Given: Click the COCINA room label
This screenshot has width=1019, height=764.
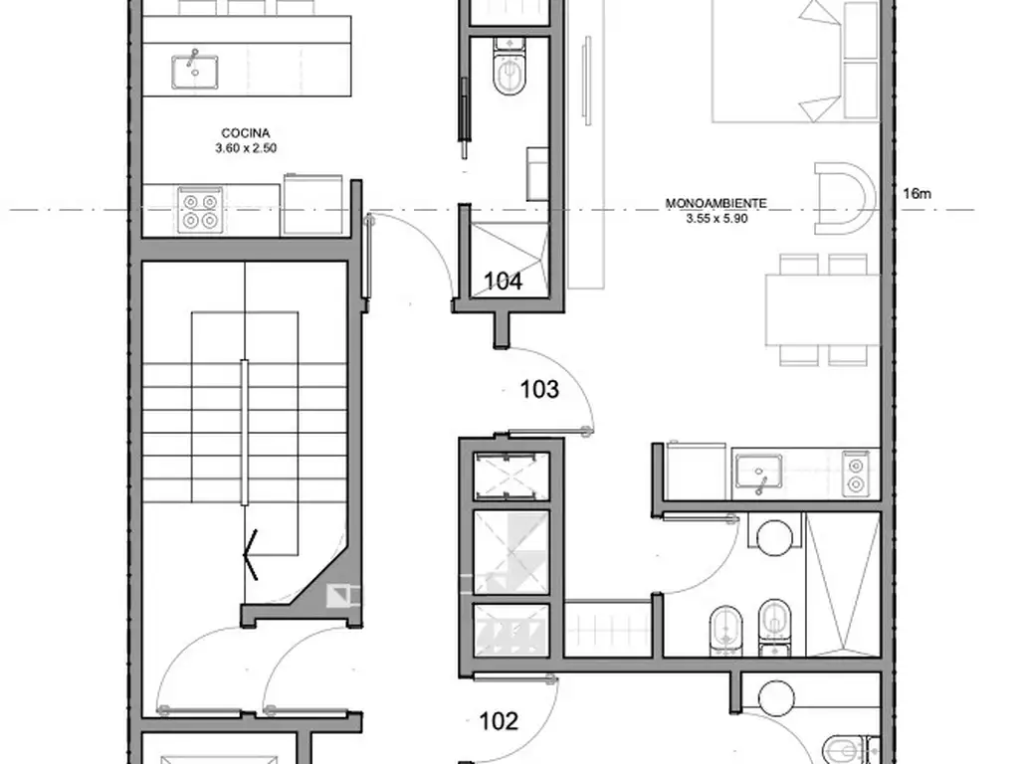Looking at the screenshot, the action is (x=246, y=133).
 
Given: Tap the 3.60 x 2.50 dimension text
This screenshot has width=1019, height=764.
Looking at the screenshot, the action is (x=247, y=148).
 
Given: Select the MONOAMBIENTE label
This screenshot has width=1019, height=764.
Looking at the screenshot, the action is (x=716, y=203).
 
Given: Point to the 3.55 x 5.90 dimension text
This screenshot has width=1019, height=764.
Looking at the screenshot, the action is (x=716, y=218).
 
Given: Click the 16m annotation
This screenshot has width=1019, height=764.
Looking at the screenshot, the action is (x=917, y=194).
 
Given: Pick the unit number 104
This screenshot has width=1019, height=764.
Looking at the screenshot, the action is (x=503, y=282).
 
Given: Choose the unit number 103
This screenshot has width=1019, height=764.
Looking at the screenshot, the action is (x=539, y=389).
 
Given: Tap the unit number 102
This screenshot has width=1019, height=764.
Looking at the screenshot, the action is (x=499, y=721).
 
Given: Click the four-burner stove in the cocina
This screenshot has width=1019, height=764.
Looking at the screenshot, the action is (x=200, y=210).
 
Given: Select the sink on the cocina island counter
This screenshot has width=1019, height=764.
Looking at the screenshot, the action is (x=195, y=71).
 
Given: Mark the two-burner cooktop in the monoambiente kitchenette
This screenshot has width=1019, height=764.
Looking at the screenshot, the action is (x=856, y=475).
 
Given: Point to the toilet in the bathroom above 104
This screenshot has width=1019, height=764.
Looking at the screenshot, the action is (x=509, y=67).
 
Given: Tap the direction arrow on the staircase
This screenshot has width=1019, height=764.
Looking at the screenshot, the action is (x=251, y=554).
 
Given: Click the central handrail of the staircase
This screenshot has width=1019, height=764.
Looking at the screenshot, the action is (x=245, y=432).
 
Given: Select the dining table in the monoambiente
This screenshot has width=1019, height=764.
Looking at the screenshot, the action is (x=823, y=310).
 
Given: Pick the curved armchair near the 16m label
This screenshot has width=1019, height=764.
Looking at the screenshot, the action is (x=842, y=199).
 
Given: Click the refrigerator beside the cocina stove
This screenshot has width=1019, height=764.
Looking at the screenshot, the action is (x=312, y=205).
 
